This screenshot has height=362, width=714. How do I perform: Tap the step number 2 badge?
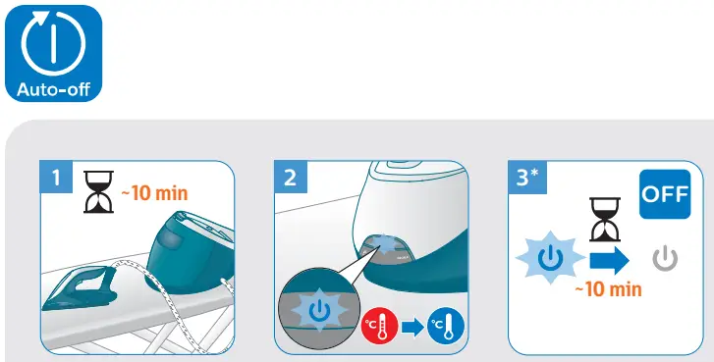pos(290,179)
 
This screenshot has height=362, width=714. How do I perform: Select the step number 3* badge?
pos(528,178)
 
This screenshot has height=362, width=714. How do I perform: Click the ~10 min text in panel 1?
pos(153,193)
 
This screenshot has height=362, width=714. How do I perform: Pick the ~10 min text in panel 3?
pos(608,288)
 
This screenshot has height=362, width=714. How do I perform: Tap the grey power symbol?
pos(666,261)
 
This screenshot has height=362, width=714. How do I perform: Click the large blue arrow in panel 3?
pos(609,260)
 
